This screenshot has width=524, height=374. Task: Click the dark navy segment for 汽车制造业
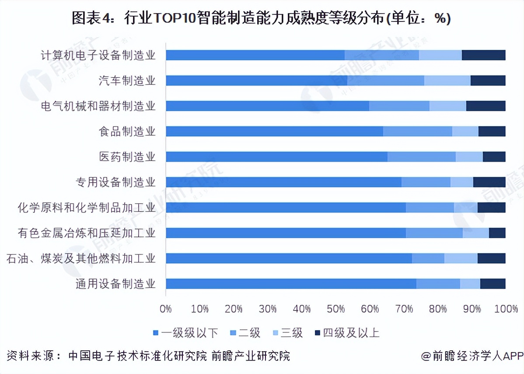tap(488, 81)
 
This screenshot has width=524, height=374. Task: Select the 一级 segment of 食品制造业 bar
tap(274, 131)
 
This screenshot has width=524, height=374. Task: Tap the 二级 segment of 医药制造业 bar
tap(421, 157)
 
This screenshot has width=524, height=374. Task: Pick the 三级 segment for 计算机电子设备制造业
tap(440, 55)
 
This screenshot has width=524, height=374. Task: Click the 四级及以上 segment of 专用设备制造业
tap(489, 182)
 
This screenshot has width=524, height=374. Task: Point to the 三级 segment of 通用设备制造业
tap(470, 284)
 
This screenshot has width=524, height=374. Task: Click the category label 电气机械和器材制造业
tap(98, 106)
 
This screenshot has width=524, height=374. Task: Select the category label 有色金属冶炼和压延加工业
tap(87, 233)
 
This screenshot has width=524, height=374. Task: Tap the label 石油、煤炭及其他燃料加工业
tap(81, 258)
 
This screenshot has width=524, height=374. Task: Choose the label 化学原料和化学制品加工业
tap(87, 208)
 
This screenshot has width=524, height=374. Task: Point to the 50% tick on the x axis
tap(336, 309)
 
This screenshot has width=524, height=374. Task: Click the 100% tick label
tap(506, 309)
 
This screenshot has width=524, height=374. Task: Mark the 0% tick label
tap(166, 309)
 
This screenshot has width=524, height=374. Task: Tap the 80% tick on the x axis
tap(438, 309)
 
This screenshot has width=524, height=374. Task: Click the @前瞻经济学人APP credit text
tap(472, 356)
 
